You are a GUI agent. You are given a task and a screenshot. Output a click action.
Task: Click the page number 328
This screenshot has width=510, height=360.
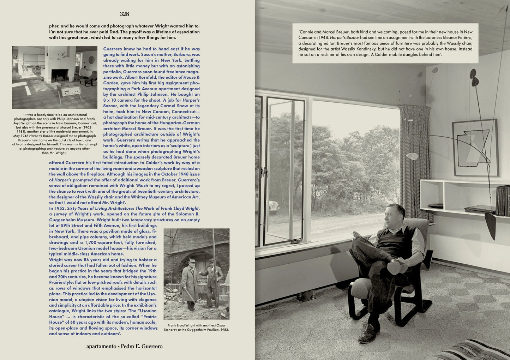[124, 14]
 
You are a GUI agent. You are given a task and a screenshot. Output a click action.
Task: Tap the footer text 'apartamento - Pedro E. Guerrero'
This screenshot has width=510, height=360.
[124, 346]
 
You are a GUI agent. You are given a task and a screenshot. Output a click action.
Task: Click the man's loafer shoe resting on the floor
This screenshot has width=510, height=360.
[369, 333]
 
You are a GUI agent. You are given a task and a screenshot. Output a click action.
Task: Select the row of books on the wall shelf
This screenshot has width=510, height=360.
[502, 200]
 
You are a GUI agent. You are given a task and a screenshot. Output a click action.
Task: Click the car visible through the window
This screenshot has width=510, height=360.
[274, 206]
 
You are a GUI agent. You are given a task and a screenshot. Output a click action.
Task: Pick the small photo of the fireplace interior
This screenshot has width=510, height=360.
[54, 77]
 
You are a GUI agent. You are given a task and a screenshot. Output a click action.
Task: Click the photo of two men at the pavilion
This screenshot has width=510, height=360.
[196, 274]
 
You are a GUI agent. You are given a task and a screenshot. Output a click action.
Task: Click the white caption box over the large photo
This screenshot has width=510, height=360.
[385, 43]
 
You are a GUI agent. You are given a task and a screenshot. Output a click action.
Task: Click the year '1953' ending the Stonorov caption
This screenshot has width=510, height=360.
[223, 330]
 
